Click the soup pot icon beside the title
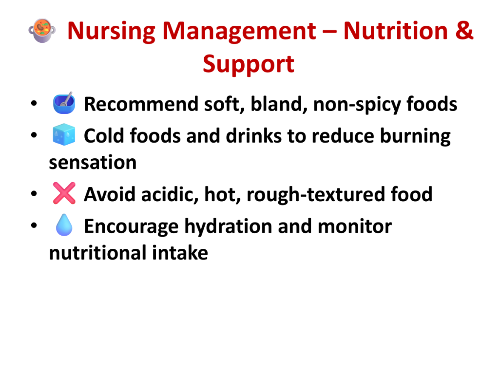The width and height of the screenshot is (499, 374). pyautogui.click(x=42, y=31)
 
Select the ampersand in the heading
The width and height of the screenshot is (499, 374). pyautogui.click(x=464, y=31)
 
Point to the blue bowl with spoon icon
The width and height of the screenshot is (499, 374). pyautogui.click(x=64, y=103)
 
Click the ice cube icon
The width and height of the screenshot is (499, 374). pyautogui.click(x=64, y=134)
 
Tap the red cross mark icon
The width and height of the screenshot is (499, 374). pyautogui.click(x=64, y=193)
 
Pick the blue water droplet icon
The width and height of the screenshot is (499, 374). pyautogui.click(x=64, y=225)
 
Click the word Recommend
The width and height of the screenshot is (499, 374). pyautogui.click(x=141, y=104)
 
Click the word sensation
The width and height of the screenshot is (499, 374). pyautogui.click(x=93, y=163)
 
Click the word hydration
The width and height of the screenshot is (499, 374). pyautogui.click(x=228, y=227)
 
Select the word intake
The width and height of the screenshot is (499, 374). pyautogui.click(x=180, y=253)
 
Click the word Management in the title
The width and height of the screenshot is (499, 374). pyautogui.click(x=239, y=32)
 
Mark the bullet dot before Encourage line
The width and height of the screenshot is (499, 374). pyautogui.click(x=34, y=225)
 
